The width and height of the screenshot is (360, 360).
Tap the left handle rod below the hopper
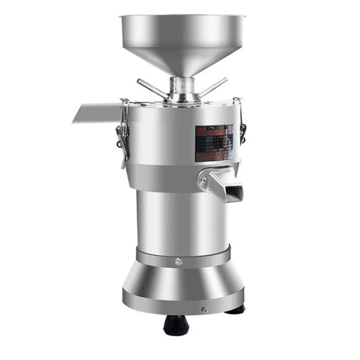click(152, 88)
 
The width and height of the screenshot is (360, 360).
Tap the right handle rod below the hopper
click(213, 87)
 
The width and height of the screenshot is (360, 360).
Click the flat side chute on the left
click(96, 113)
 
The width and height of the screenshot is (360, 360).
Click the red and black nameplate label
click(214, 142)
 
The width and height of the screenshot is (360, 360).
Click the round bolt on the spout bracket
click(203, 181)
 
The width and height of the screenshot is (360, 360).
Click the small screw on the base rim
click(204, 310)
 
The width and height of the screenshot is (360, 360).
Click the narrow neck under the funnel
click(181, 85)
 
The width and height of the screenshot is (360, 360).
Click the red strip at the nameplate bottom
click(213, 157)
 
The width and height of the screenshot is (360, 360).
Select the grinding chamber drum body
click(163, 139)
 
